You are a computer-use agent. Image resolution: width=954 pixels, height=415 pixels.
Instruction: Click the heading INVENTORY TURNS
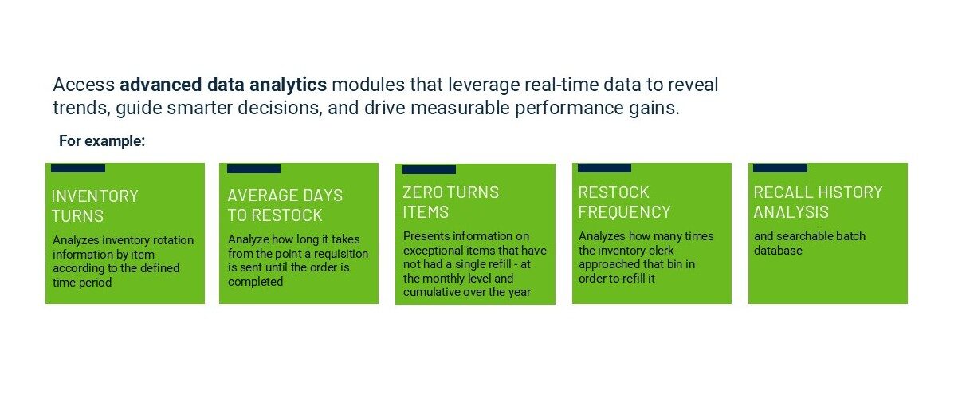[x=94, y=206]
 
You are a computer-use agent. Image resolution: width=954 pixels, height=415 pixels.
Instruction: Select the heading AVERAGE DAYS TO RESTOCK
[x=285, y=205]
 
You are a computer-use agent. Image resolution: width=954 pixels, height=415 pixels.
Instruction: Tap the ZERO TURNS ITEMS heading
[x=450, y=202]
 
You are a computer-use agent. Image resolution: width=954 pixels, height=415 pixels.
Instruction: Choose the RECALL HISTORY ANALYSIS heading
[x=818, y=202]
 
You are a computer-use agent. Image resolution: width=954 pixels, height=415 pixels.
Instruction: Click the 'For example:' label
[x=102, y=141]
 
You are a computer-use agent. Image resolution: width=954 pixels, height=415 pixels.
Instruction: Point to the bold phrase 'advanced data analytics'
[x=223, y=85]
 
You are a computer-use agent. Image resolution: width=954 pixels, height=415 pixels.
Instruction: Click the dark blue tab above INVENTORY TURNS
[x=78, y=168]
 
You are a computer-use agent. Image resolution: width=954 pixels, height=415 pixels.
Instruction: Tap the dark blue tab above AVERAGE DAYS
[x=253, y=168]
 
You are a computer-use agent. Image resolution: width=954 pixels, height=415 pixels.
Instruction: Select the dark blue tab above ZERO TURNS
[x=429, y=169]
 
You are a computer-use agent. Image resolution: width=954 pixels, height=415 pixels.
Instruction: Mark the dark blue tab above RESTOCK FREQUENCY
[x=604, y=168]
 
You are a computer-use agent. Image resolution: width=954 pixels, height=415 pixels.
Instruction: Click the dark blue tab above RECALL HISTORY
[x=779, y=168]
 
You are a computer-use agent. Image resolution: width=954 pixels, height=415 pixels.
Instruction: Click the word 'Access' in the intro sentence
[x=84, y=85]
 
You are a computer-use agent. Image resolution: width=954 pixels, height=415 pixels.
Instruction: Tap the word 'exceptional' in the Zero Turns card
[x=435, y=251]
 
